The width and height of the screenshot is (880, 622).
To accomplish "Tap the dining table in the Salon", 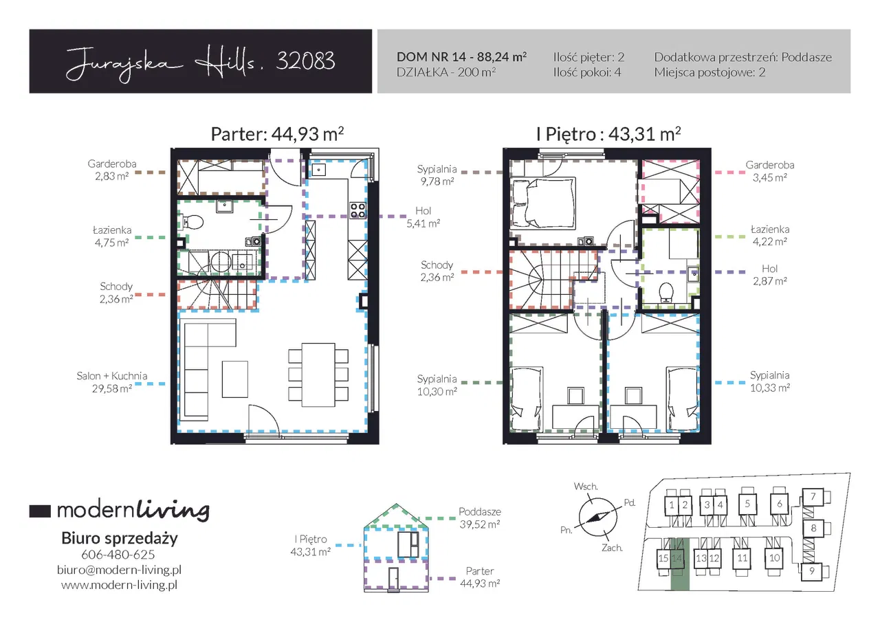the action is (318, 375).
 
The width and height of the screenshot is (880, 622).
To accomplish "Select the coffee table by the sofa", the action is (235, 379).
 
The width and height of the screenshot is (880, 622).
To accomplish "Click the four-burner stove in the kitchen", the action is (358, 210).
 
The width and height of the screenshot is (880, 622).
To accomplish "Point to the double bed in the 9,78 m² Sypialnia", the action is (543, 203).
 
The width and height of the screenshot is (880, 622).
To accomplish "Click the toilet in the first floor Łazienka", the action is (666, 293).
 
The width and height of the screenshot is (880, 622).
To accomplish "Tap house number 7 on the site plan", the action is (813, 497).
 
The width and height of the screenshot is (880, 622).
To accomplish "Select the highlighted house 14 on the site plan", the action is (677, 558).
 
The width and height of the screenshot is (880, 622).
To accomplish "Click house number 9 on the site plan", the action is (812, 571).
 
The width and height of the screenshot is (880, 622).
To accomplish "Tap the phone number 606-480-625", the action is (118, 555).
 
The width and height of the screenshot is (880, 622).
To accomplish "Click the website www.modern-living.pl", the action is (119, 585).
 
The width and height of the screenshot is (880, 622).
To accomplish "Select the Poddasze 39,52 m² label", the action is (480, 518).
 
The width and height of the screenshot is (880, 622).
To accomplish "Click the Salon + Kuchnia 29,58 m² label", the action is (112, 382).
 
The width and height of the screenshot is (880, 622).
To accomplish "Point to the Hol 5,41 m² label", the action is (423, 217).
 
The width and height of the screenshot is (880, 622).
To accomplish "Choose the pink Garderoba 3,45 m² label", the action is (770, 171).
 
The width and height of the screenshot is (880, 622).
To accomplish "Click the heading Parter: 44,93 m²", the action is (277, 134).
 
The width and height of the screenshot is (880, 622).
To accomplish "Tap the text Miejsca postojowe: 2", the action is (710, 72).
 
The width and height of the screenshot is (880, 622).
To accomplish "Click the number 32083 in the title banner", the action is (305, 61).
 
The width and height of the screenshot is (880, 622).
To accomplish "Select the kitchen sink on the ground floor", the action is (318, 170).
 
